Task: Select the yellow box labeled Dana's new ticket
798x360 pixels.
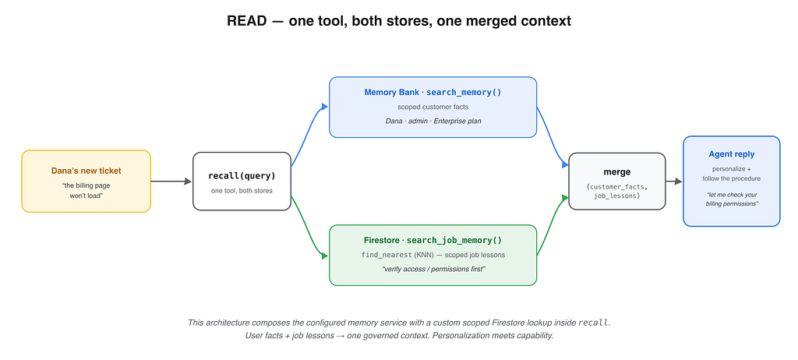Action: [86, 182]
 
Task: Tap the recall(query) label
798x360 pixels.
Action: [242, 176]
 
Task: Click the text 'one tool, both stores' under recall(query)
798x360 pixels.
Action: [242, 191]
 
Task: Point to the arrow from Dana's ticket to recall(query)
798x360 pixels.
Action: [171, 182]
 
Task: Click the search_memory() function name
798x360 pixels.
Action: [464, 93]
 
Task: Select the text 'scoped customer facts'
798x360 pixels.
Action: [433, 107]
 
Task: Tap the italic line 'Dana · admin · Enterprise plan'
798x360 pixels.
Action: [433, 122]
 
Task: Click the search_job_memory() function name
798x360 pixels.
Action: [454, 240]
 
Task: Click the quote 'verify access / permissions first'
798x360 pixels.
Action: [433, 268]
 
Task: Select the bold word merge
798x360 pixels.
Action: [617, 172]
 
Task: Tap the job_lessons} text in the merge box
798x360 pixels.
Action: [617, 196]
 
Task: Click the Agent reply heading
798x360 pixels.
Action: [731, 154]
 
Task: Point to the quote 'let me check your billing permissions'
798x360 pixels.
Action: [731, 199]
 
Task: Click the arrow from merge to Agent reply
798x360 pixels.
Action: [674, 182]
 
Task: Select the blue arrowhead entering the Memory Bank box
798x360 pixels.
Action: [325, 107]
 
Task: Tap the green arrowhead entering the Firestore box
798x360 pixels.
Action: [325, 256]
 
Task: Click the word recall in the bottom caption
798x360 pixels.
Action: [593, 323]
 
